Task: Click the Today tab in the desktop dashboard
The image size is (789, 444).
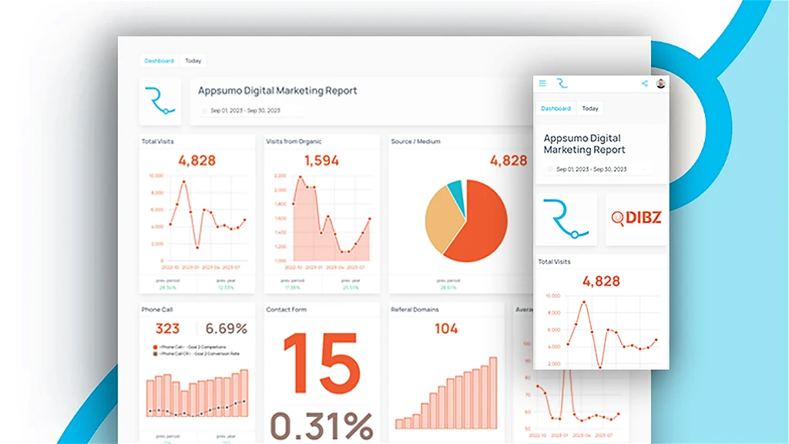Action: [193, 61]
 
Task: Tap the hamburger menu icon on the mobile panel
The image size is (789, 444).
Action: [542, 83]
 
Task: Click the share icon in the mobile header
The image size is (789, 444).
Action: [644, 83]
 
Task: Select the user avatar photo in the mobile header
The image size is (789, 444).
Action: [660, 83]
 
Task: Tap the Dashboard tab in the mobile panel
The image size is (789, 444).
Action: [556, 109]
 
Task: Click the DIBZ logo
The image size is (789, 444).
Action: [636, 219]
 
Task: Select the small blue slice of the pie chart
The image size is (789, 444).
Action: [456, 193]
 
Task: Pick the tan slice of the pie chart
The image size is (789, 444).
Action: [442, 219]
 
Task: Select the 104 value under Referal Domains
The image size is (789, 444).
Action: [446, 329]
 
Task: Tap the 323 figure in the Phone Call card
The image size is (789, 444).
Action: [168, 329]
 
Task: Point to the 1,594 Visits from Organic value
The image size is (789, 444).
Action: [321, 161]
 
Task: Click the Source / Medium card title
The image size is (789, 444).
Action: [415, 142]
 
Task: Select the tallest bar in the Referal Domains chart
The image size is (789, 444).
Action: [493, 392]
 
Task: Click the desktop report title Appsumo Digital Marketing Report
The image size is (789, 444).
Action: [277, 91]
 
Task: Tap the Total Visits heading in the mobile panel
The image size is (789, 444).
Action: [555, 262]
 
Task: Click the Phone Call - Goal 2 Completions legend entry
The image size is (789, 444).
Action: [189, 348]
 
